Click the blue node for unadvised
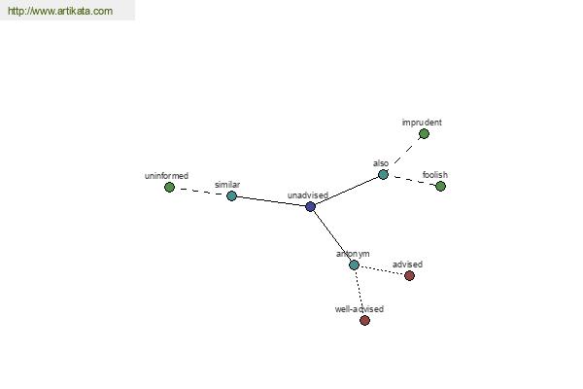pyautogui.click(x=311, y=206)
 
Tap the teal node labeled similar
pyautogui.click(x=231, y=195)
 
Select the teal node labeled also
pyautogui.click(x=383, y=175)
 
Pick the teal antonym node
pyautogui.click(x=354, y=265)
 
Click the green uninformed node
pyautogui.click(x=169, y=188)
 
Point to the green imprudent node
pyautogui.click(x=424, y=134)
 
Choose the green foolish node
pyautogui.click(x=440, y=186)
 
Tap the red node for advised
pyautogui.click(x=409, y=276)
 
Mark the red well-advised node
pyautogui.click(x=364, y=321)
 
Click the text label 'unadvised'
pyautogui.click(x=308, y=195)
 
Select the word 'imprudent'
pyautogui.click(x=422, y=123)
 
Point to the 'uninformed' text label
pyautogui.click(x=166, y=176)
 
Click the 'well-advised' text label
pyautogui.click(x=360, y=309)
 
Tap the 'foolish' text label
pyautogui.click(x=435, y=175)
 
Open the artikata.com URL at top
pyautogui.click(x=60, y=11)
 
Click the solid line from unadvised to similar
pyautogui.click(x=271, y=201)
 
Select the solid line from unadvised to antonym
pyautogui.click(x=332, y=236)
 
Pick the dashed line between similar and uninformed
pyautogui.click(x=201, y=192)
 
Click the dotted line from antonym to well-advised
pyautogui.click(x=360, y=293)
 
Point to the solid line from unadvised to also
pyautogui.click(x=347, y=191)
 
